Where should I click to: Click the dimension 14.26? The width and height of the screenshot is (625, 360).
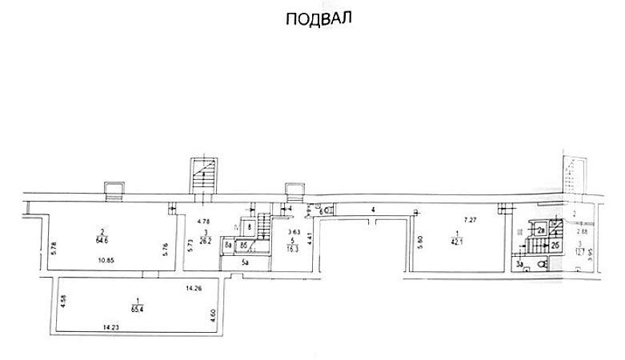point(193,287)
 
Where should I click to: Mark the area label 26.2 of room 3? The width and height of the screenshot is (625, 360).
point(206,238)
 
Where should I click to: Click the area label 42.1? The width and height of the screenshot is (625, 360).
point(456,239)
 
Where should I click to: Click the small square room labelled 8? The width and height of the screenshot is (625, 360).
point(249,227)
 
